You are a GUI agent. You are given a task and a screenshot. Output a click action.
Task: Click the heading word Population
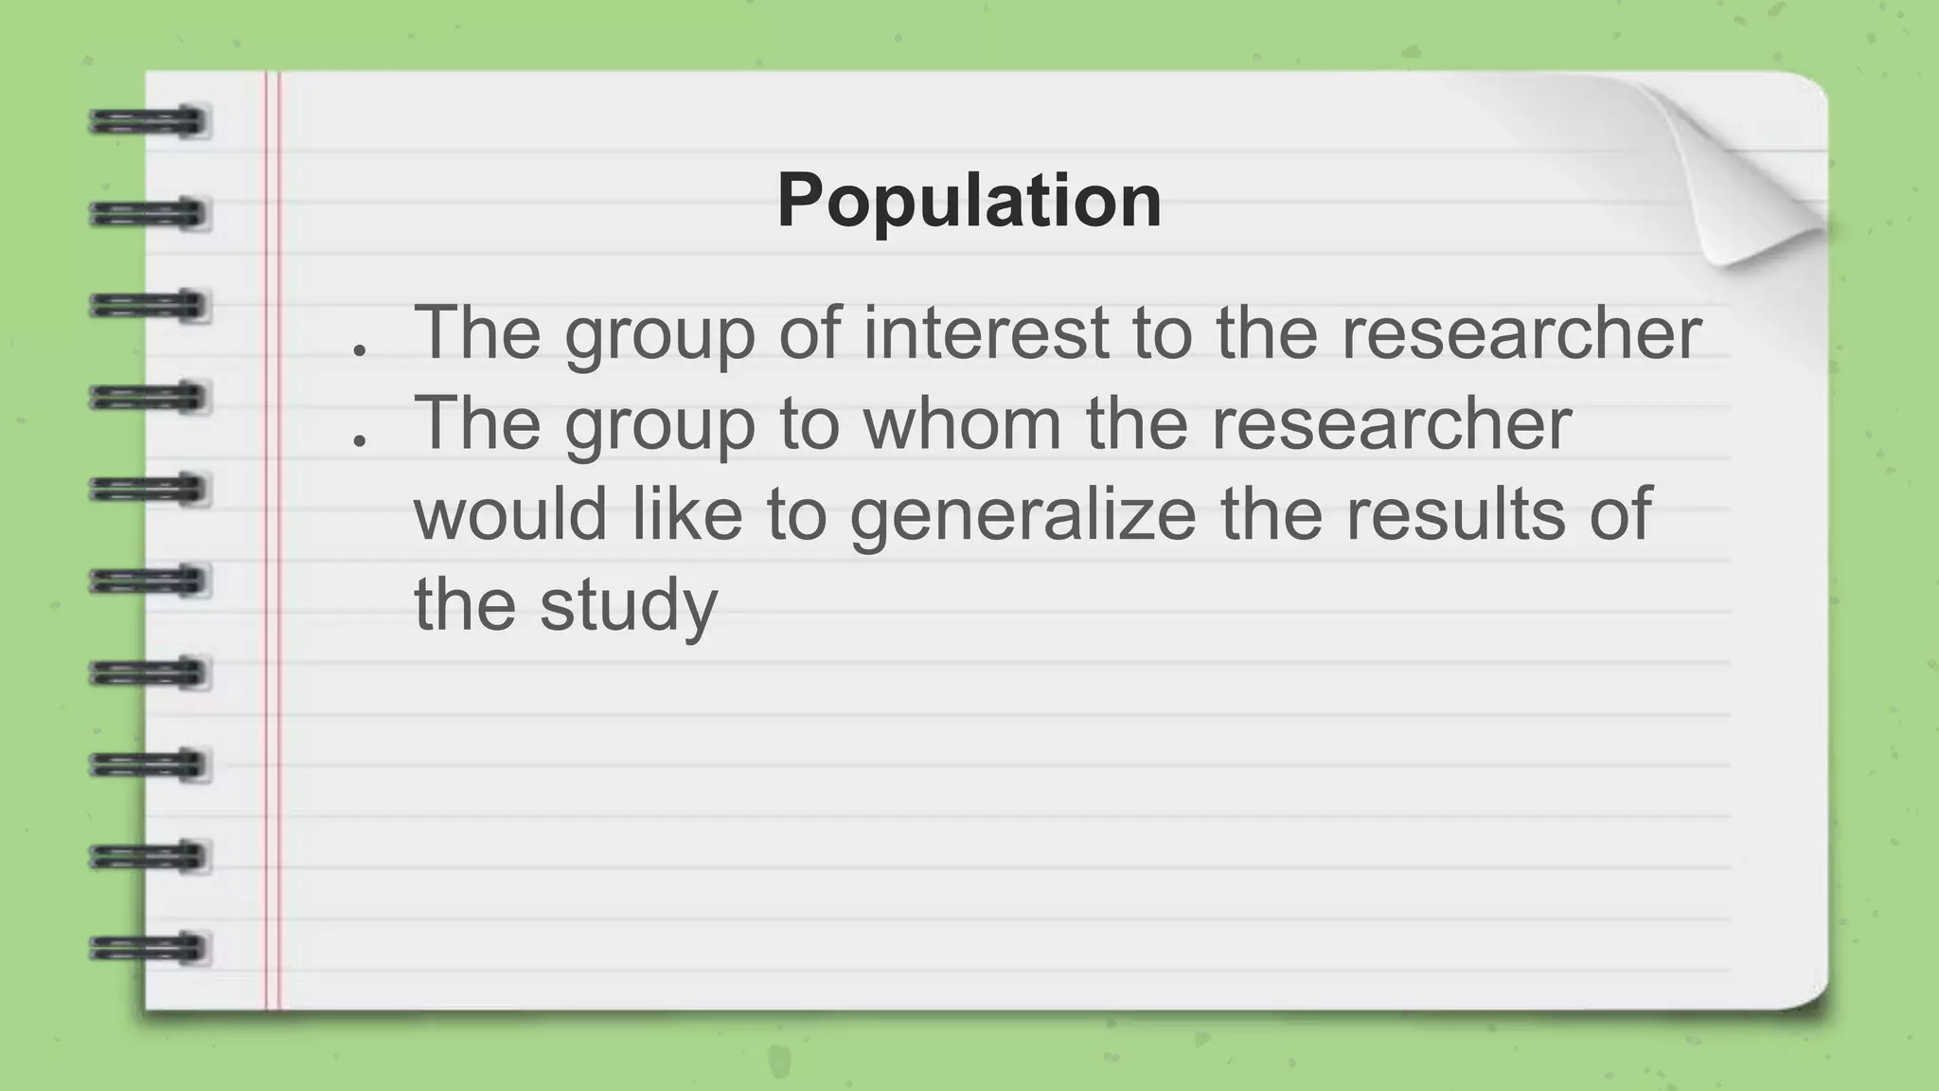coord(969,201)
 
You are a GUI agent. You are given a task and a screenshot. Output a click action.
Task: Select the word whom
coord(963,423)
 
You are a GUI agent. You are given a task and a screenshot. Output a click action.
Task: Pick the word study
coord(629,605)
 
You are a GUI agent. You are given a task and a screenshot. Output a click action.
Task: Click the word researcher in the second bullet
coord(1392,423)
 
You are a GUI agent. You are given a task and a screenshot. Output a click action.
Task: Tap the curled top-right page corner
coord(1752,180)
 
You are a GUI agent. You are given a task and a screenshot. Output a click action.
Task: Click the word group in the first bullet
coord(660,334)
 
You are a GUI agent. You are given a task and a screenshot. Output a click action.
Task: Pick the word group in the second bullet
coord(660,425)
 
